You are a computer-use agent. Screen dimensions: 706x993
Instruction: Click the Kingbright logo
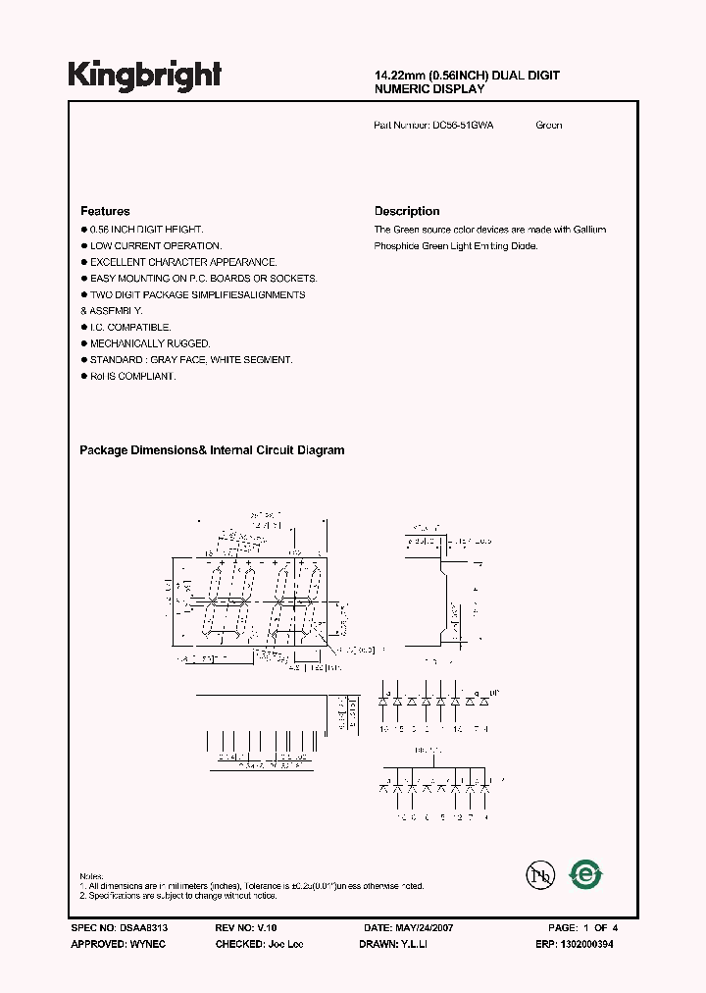point(144,76)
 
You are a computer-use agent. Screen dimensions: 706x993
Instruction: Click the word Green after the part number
point(549,126)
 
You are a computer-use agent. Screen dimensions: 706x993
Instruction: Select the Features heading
point(105,211)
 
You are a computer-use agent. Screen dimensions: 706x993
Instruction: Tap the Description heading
point(407,211)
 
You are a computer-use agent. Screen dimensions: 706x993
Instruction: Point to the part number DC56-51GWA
point(463,126)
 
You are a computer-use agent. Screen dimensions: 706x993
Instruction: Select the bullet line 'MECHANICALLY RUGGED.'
point(149,343)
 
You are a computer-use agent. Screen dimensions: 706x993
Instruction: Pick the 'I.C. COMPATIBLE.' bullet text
point(129,327)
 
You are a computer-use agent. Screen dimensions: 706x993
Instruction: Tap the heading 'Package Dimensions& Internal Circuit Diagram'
point(212,450)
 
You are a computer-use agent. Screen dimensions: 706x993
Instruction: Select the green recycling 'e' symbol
point(587,873)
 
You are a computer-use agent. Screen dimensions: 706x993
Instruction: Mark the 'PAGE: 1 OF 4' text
point(582,927)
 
